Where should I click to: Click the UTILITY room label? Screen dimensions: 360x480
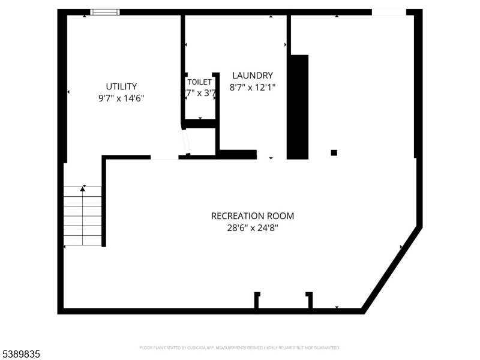tap(121, 86)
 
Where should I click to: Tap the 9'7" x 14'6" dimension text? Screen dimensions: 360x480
tap(121, 98)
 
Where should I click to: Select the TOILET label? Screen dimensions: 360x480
tap(199, 82)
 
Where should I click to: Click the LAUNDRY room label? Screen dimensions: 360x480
tap(253, 76)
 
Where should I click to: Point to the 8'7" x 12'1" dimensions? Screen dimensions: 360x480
tap(253, 87)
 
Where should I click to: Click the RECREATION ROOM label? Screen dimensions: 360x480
tap(253, 216)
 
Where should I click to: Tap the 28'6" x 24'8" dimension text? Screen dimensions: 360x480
tap(253, 227)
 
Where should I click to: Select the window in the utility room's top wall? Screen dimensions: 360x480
tap(104, 12)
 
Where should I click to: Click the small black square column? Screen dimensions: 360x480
tap(334, 152)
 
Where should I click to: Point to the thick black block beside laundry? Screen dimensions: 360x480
tap(298, 107)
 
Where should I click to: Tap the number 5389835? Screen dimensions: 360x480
tap(20, 355)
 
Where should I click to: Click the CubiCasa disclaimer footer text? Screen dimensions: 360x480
tap(240, 347)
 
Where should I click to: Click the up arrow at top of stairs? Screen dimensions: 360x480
tap(83, 189)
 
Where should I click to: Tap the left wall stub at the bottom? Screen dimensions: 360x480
tap(257, 300)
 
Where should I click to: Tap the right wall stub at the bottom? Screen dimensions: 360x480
tap(310, 300)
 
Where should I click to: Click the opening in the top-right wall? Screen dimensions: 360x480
tap(389, 12)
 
